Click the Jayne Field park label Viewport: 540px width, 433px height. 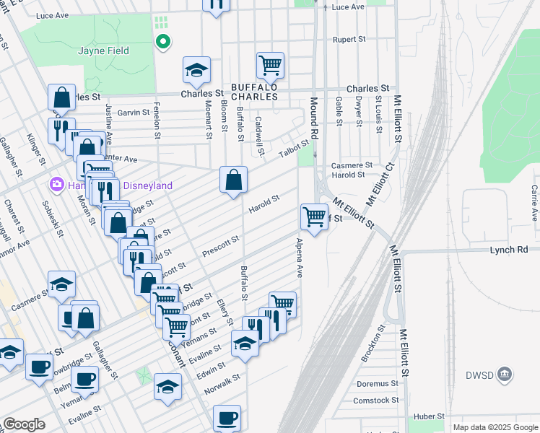[x=104, y=51]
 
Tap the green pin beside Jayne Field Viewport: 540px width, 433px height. [x=163, y=42]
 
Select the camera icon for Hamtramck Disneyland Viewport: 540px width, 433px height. [x=56, y=185]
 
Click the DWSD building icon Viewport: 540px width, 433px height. [x=505, y=373]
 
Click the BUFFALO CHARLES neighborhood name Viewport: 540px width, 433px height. [x=254, y=92]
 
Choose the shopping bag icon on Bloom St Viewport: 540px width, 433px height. [x=234, y=180]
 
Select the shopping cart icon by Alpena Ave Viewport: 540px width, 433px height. [x=314, y=216]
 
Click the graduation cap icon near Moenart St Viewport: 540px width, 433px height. [x=196, y=70]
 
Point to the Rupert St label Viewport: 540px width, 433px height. [x=349, y=40]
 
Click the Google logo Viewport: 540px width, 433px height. [x=25, y=424]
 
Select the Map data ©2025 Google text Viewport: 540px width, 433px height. [x=495, y=427]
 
